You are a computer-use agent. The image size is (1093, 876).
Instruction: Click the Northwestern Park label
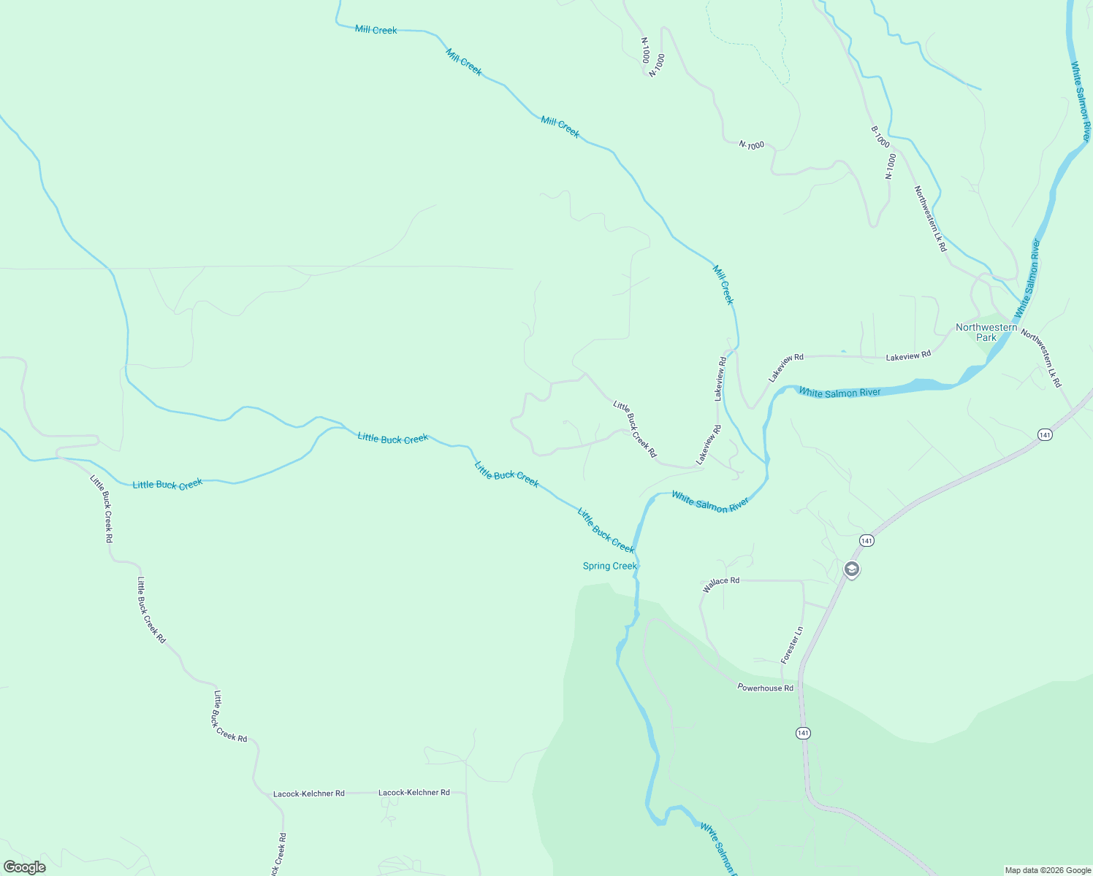point(986,332)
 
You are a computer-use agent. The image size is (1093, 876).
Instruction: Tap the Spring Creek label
point(610,566)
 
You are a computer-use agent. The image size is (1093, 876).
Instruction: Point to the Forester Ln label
point(792,645)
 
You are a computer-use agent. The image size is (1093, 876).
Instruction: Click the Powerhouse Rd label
point(765,688)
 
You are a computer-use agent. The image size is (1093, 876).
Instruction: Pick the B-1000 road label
point(880,137)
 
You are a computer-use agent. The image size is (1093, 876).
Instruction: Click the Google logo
point(25,867)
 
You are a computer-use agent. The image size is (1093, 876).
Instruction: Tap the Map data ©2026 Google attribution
point(1048,870)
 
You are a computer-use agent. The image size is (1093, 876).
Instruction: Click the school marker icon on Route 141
point(851,569)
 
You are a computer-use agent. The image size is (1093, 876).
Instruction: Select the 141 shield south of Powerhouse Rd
point(804,732)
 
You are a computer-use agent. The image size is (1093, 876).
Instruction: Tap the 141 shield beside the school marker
point(867,540)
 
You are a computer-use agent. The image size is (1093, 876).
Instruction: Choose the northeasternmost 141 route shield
point(1045,434)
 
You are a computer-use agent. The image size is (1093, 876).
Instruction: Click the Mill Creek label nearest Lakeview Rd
point(723,285)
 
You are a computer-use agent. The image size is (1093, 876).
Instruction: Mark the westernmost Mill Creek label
point(376,30)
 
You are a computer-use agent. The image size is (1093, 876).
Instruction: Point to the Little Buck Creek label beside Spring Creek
point(606,530)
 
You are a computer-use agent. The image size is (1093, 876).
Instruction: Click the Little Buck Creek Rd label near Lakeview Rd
point(635,429)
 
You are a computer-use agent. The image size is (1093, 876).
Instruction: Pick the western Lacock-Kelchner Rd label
point(308,794)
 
